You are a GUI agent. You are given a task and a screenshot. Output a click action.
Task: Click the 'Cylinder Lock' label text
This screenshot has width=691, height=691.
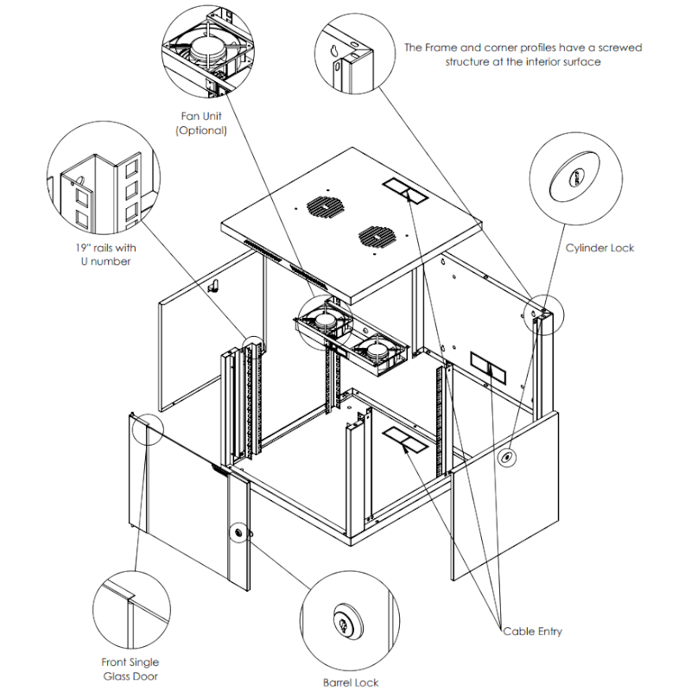tap(599, 248)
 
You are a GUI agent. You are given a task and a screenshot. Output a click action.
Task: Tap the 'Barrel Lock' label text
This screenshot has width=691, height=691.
tap(351, 682)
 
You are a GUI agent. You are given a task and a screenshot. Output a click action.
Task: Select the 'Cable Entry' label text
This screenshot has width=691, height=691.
tap(533, 631)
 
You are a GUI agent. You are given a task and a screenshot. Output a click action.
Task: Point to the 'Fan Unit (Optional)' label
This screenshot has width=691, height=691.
tap(201, 124)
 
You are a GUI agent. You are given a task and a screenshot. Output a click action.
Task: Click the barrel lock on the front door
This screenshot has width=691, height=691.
tap(238, 534)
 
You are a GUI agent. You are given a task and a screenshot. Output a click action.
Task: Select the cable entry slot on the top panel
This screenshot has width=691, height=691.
tap(404, 191)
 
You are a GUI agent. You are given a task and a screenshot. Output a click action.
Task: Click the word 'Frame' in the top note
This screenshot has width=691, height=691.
tap(436, 48)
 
